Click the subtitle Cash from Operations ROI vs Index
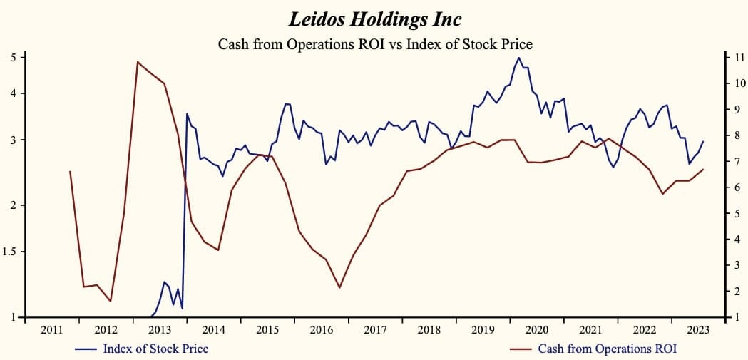(375, 43)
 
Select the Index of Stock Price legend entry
(155, 349)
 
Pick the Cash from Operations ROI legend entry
(607, 349)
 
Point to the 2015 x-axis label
(267, 330)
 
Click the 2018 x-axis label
(429, 330)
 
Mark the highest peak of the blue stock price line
(518, 58)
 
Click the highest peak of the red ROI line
(138, 62)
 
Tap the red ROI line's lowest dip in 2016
(339, 287)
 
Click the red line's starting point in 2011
(70, 171)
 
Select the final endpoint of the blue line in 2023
(703, 142)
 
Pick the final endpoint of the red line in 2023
(703, 169)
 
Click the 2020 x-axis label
(536, 330)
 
